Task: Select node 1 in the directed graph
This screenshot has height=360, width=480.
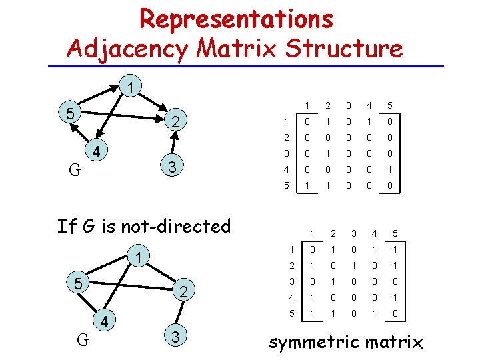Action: click(131, 87)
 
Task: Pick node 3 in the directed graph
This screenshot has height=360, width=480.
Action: click(171, 165)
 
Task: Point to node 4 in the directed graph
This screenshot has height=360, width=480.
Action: click(96, 153)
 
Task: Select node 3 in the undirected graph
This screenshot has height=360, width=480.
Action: click(175, 337)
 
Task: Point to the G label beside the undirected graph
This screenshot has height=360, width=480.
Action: click(83, 340)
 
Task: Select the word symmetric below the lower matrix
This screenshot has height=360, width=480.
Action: click(317, 343)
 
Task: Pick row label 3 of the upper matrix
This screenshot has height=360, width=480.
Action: click(285, 153)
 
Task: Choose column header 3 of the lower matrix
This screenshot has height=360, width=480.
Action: click(355, 234)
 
